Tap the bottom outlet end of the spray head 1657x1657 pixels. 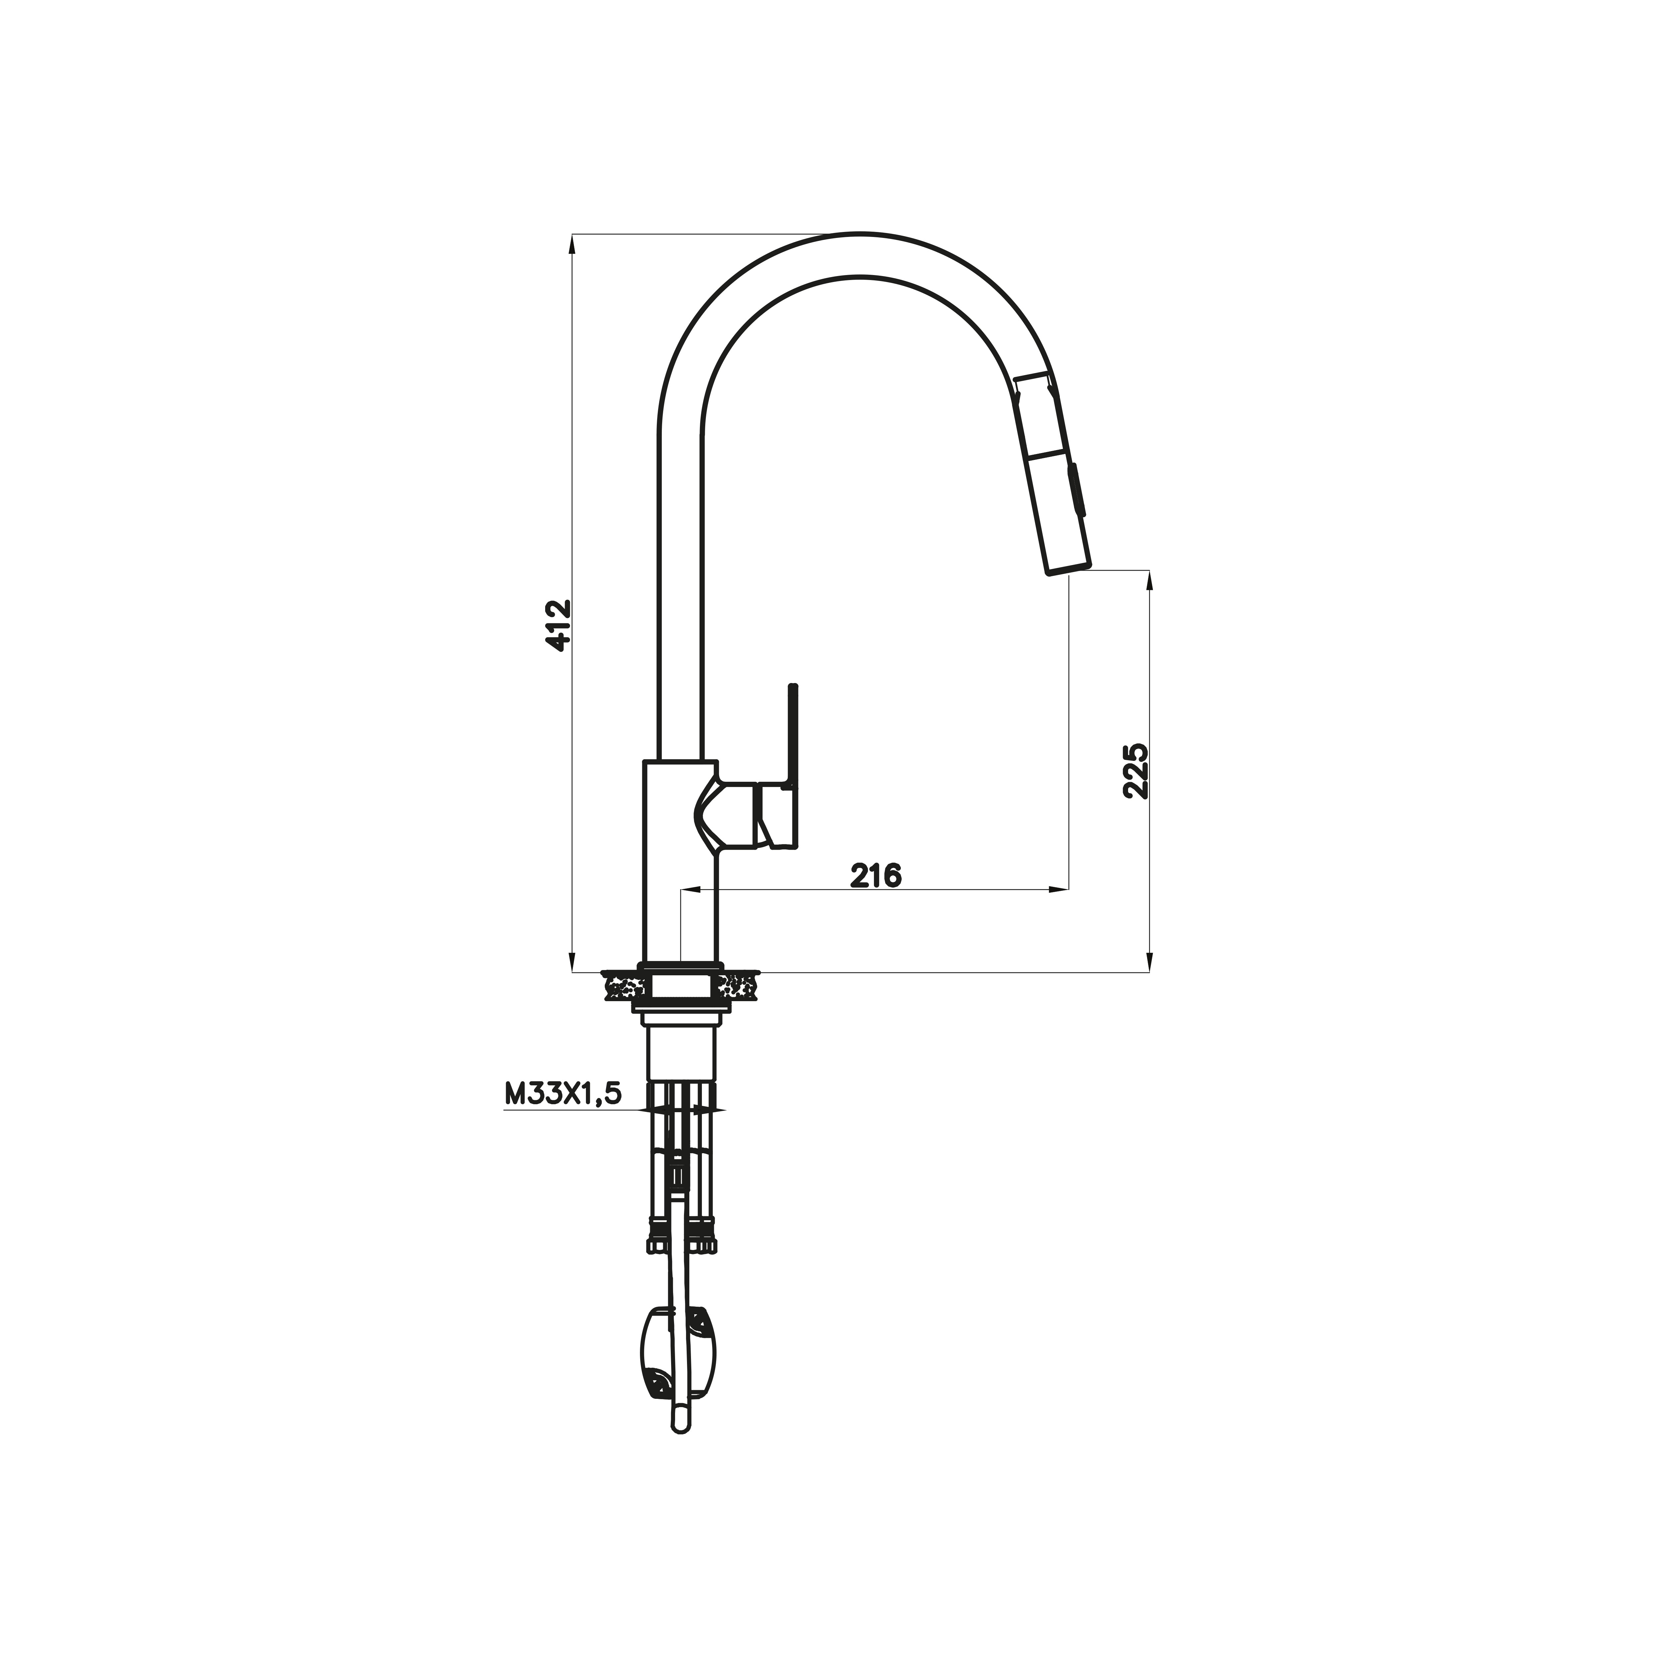1068,569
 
